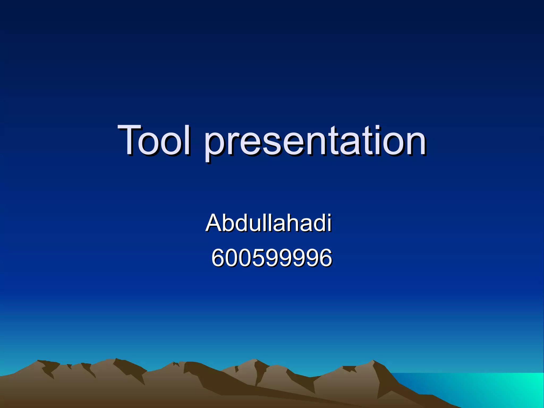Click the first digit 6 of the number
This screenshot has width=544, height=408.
pos(218,257)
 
